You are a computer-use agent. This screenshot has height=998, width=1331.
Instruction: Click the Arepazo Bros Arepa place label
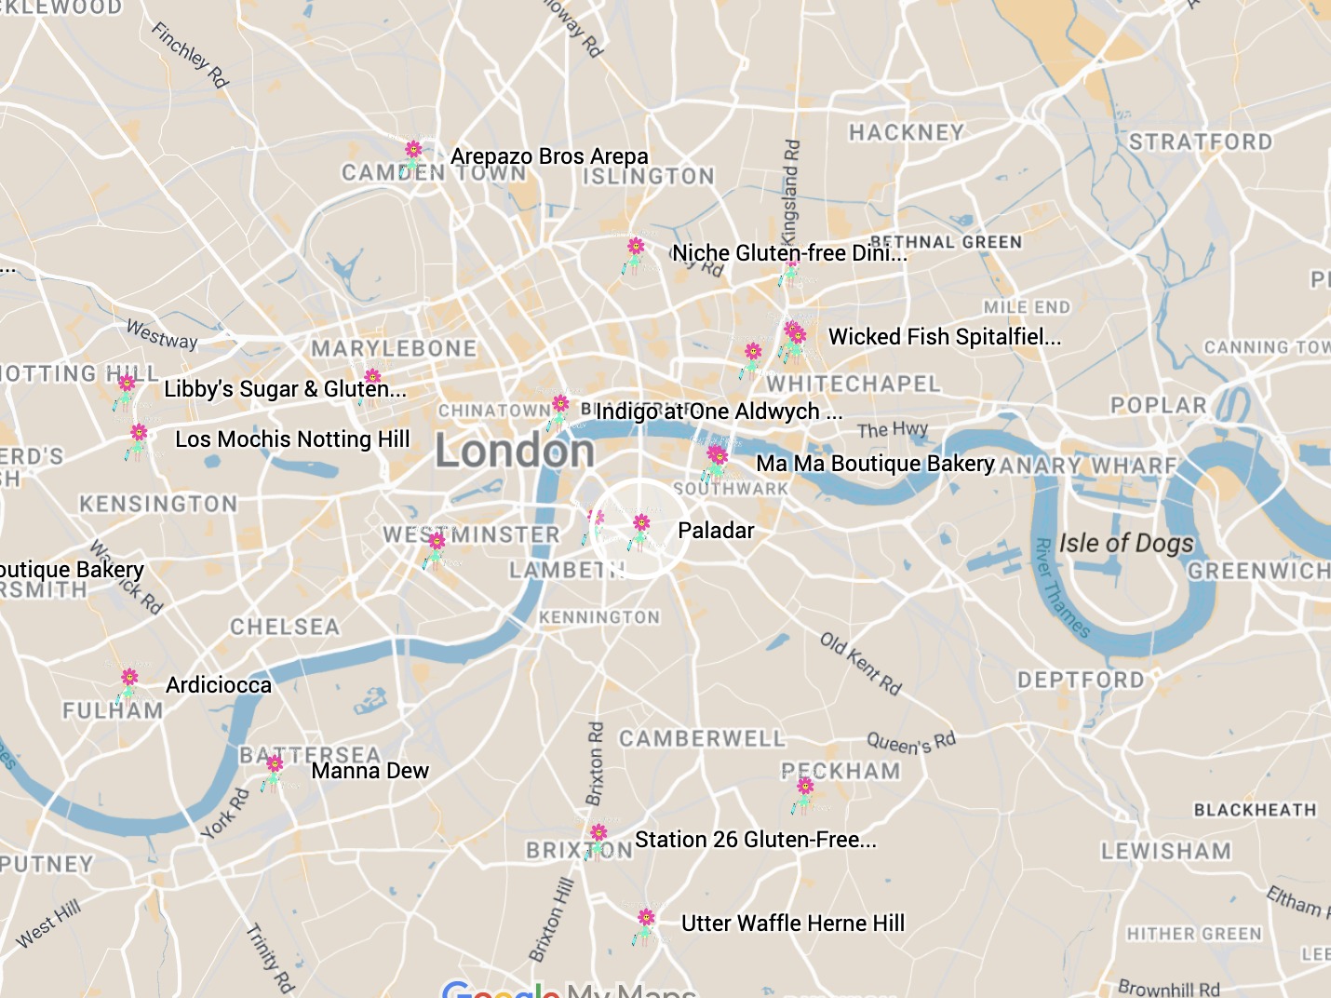click(549, 156)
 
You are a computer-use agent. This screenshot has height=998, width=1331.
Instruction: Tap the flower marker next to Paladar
click(640, 528)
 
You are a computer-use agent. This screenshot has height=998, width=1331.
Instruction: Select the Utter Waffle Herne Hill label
click(792, 924)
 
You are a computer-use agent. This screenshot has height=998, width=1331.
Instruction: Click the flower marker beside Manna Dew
click(274, 769)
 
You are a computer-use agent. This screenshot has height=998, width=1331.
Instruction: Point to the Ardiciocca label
click(219, 685)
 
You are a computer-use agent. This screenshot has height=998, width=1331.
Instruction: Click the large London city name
click(515, 452)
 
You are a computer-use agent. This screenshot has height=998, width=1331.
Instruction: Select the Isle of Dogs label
click(1125, 543)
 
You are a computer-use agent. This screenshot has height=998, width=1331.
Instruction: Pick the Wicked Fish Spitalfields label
click(944, 337)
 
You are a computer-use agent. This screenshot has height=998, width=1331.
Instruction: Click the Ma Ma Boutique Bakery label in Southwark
click(875, 464)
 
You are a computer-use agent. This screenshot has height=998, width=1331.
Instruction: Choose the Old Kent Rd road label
click(861, 664)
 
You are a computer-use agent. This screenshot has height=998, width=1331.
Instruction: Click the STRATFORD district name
click(1200, 142)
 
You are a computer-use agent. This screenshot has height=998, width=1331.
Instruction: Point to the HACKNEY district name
click(906, 133)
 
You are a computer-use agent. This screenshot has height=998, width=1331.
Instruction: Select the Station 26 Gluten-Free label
click(755, 840)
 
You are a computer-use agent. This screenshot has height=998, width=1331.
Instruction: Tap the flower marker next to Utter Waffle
click(645, 923)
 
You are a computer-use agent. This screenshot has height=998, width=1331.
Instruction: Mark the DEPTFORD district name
click(1080, 681)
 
